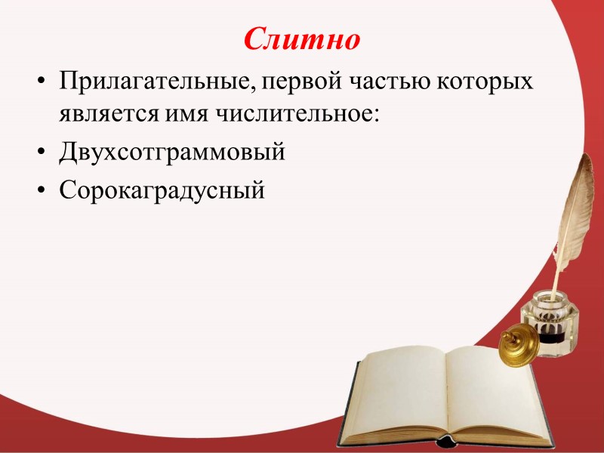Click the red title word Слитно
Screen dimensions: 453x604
point(302,39)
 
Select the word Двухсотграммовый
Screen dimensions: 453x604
point(173,153)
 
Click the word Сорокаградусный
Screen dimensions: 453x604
point(162,190)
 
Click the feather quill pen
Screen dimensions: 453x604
point(575,204)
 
